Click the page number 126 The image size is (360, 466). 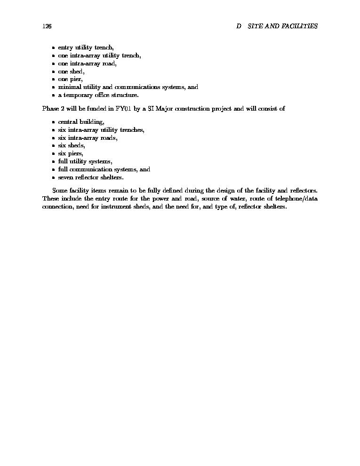(47, 26)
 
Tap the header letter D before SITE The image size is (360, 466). (239, 26)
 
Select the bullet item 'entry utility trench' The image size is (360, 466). (86, 48)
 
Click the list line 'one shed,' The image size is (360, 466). (71, 72)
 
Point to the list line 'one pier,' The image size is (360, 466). (70, 80)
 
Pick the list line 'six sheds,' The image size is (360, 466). (72, 145)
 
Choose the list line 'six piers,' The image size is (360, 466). (71, 153)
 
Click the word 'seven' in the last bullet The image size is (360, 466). (66, 177)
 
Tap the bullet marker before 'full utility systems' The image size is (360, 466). (54, 161)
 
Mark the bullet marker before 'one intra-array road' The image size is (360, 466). (54, 64)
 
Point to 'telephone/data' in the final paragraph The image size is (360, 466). (296, 199)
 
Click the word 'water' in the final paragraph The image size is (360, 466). (233, 199)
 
